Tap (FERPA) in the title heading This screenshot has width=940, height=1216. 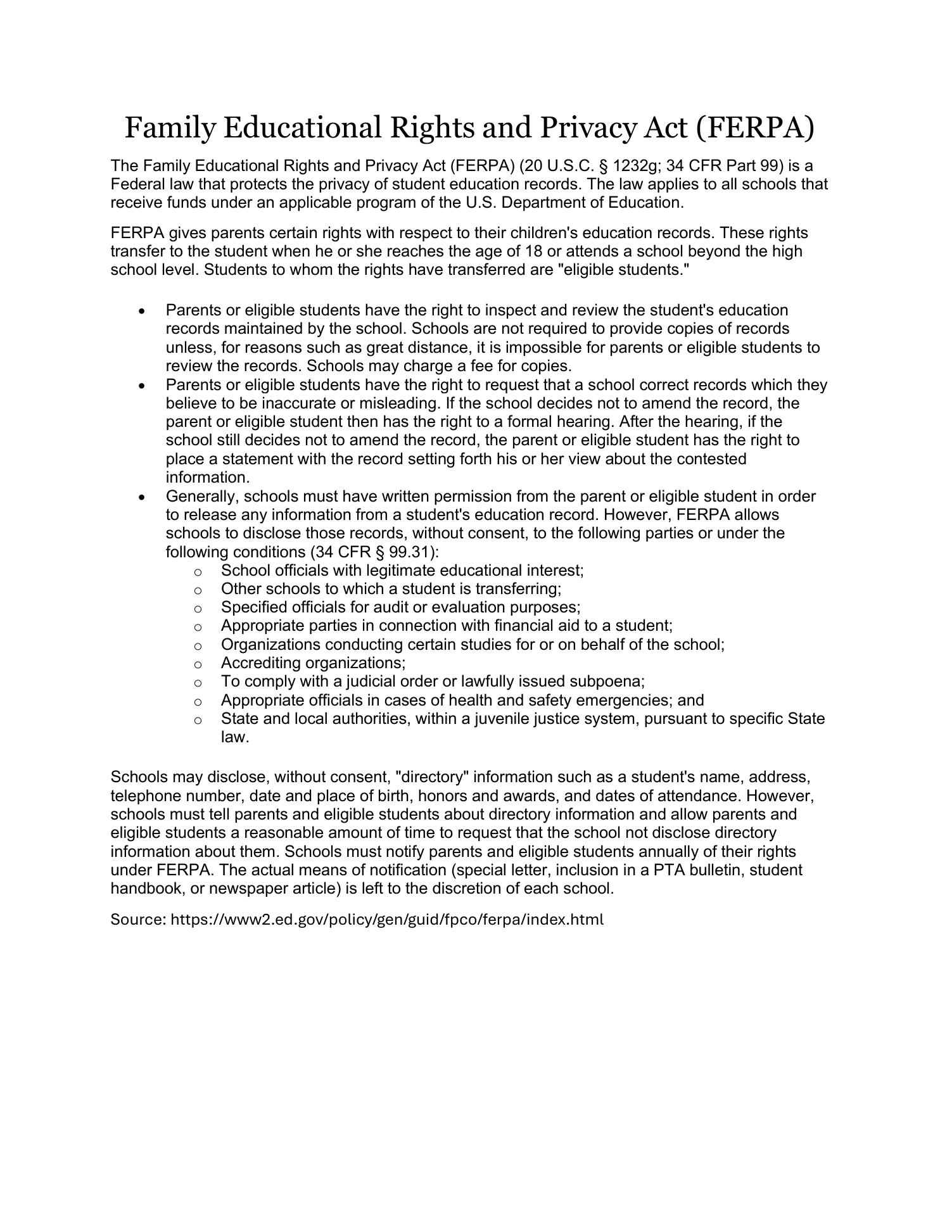[x=754, y=127]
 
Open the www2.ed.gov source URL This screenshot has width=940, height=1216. [x=387, y=919]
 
